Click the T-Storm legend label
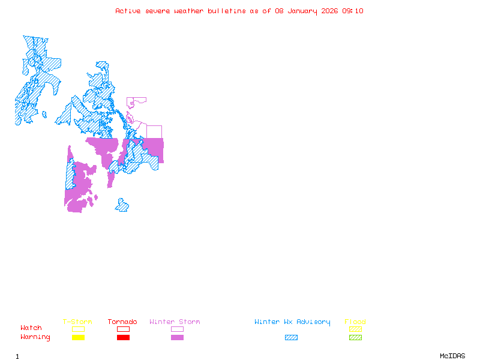coord(77,322)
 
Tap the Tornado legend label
coord(122,322)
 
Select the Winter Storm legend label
coord(175,322)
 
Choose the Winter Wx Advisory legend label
coord(292,322)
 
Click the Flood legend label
coord(355,322)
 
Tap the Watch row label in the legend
coord(31,328)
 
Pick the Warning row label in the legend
coord(35,337)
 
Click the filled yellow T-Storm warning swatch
coord(78,338)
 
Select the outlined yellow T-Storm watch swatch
coord(78,329)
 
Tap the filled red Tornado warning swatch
coord(123,338)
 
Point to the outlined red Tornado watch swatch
coord(123,329)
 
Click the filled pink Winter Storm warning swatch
coord(177,338)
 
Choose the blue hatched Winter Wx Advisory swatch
coord(291,338)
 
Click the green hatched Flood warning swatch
coord(355,338)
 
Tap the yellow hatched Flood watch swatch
coord(355,329)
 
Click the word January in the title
coord(300,11)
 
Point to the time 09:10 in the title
coord(353,11)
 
